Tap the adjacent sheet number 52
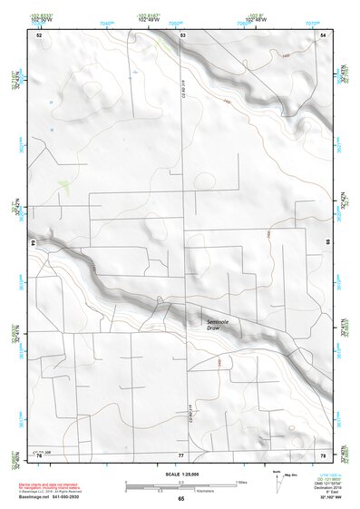(x=39, y=34)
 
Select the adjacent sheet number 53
(x=182, y=34)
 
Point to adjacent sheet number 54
(x=324, y=34)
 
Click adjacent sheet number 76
(x=39, y=455)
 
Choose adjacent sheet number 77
(x=180, y=455)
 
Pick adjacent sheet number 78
(x=323, y=455)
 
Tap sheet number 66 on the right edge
(x=326, y=243)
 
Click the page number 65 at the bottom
(x=180, y=498)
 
